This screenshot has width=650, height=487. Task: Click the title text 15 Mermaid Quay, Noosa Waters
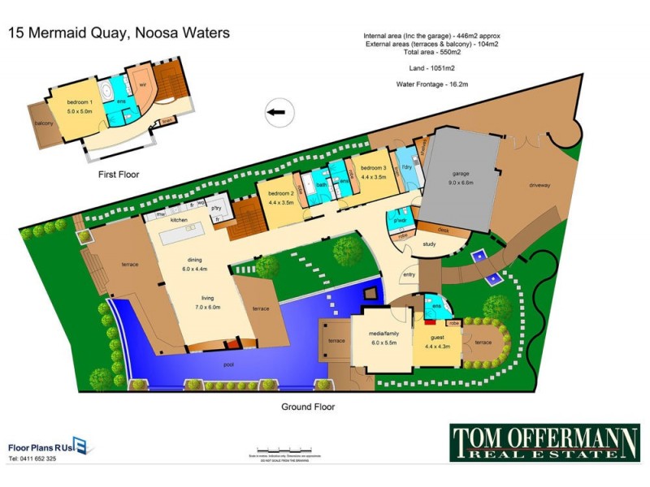click(x=119, y=33)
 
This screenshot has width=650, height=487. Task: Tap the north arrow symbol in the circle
click(x=278, y=114)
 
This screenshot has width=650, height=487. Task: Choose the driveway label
click(x=539, y=185)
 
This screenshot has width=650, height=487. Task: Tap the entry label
click(x=408, y=276)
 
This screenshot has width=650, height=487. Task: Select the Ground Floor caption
click(x=308, y=407)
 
